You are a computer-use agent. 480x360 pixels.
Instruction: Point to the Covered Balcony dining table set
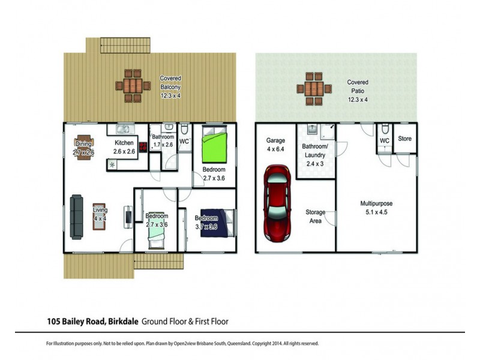point(133,86)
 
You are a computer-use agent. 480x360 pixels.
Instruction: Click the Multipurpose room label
point(376,208)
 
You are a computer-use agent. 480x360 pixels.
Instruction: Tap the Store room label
point(405,139)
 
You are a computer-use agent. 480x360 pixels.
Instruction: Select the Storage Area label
point(316,217)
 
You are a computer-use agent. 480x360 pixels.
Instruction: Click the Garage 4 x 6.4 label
point(275,145)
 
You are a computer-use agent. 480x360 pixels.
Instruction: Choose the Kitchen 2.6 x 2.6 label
point(124,147)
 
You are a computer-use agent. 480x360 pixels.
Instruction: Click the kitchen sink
point(125,128)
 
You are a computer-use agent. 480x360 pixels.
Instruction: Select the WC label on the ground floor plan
point(184,142)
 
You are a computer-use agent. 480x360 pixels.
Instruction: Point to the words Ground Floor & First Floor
point(185,322)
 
